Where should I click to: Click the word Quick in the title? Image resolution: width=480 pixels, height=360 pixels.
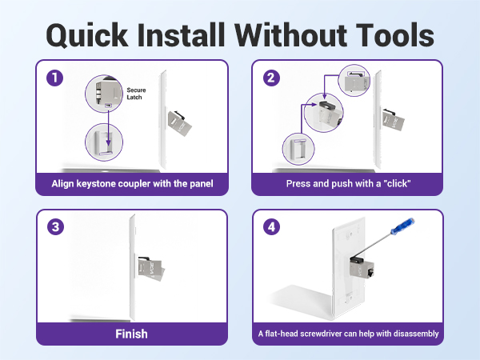pyautogui.click(x=87, y=35)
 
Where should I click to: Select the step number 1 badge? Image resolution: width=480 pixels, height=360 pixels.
pyautogui.click(x=54, y=78)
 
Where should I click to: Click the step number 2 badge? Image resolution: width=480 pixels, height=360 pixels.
pyautogui.click(x=271, y=78)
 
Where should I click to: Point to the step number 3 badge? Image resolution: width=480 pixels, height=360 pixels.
pyautogui.click(x=55, y=227)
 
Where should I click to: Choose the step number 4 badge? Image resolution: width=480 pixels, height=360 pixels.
pyautogui.click(x=271, y=227)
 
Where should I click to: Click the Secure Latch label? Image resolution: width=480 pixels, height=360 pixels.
pyautogui.click(x=136, y=94)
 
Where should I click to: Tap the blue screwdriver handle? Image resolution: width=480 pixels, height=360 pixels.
pyautogui.click(x=403, y=226)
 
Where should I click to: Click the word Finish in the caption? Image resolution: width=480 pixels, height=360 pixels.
pyautogui.click(x=131, y=334)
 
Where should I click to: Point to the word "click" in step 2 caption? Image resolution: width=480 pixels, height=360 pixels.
pyautogui.click(x=397, y=183)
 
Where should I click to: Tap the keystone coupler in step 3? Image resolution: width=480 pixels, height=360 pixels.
pyautogui.click(x=151, y=269)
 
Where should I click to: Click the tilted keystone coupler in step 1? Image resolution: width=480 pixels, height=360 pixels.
pyautogui.click(x=180, y=123)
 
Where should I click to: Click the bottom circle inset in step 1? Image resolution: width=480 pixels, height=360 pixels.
pyautogui.click(x=104, y=142)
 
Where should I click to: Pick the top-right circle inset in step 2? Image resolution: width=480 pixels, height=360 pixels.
pyautogui.click(x=354, y=81)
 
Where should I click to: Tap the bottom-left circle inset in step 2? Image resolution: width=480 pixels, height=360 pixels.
pyautogui.click(x=298, y=149)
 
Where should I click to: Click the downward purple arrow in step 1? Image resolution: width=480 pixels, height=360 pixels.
pyautogui.click(x=108, y=129)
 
